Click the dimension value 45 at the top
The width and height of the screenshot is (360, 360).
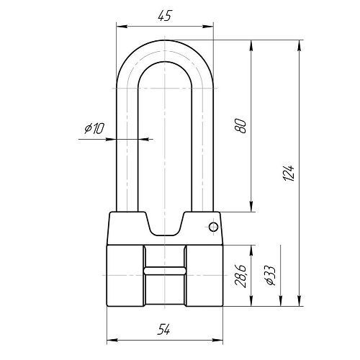pos(165,16)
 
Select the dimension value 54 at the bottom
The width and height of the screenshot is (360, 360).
pos(163,329)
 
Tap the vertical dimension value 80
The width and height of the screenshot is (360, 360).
pos(240,126)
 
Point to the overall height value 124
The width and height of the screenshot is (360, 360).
pos(289,173)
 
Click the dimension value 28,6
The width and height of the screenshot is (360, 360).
pos(240,276)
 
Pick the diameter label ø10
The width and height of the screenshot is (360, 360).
pos(94,128)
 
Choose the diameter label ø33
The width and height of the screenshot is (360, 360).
pos(270,275)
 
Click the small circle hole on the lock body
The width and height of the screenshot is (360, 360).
pos(213,227)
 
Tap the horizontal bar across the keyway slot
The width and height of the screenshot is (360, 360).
pos(165,271)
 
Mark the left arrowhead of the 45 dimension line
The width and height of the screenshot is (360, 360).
pos(122,26)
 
